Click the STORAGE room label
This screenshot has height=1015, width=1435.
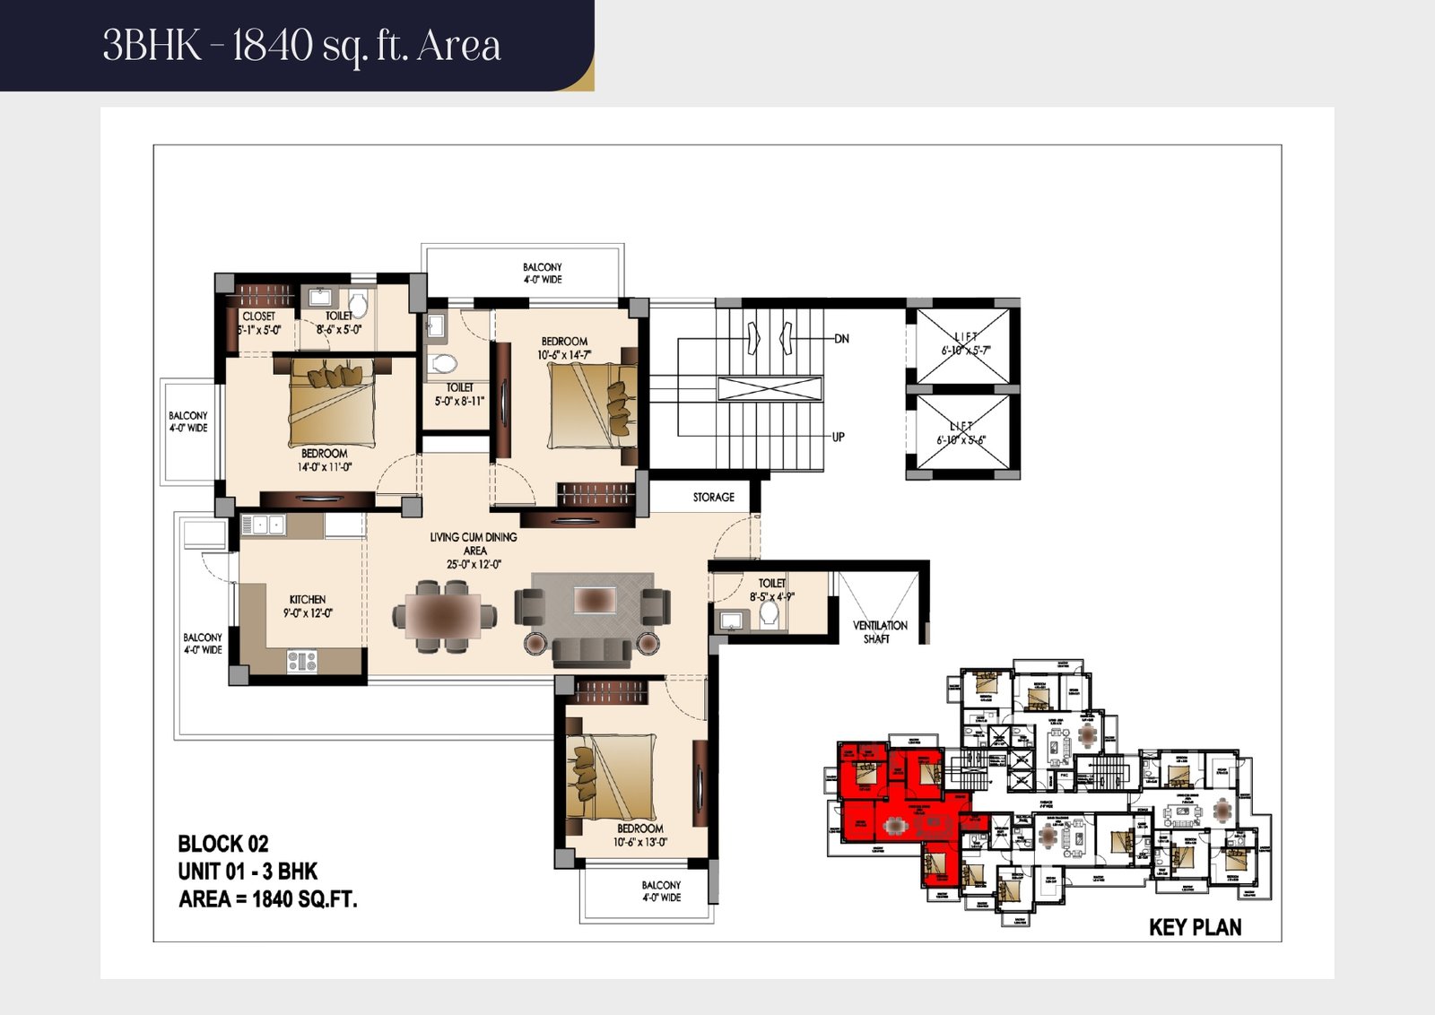pyautogui.click(x=713, y=497)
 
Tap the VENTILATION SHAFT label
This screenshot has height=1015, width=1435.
pyautogui.click(x=879, y=632)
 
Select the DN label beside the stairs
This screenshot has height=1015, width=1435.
pyautogui.click(x=841, y=339)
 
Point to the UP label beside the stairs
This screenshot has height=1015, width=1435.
pyautogui.click(x=838, y=438)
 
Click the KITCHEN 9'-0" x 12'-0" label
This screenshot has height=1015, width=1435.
pyautogui.click(x=308, y=606)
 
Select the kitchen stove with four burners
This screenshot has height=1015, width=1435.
pyautogui.click(x=301, y=662)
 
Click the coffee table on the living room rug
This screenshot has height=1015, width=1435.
pyautogui.click(x=594, y=599)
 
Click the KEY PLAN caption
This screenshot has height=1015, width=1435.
pyautogui.click(x=1195, y=927)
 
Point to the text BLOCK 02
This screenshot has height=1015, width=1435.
pyautogui.click(x=223, y=844)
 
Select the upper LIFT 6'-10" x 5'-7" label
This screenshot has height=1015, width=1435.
pyautogui.click(x=965, y=343)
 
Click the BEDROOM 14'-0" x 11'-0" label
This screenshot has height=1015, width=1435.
pyautogui.click(x=324, y=460)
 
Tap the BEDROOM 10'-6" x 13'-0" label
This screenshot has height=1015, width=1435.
pyautogui.click(x=639, y=835)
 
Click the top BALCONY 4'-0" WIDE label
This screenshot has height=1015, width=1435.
pyautogui.click(x=543, y=273)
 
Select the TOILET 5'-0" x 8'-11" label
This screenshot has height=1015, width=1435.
pyautogui.click(x=459, y=395)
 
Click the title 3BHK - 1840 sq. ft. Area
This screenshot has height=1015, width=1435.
pyautogui.click(x=301, y=45)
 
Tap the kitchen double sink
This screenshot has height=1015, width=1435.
pyautogui.click(x=266, y=525)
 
